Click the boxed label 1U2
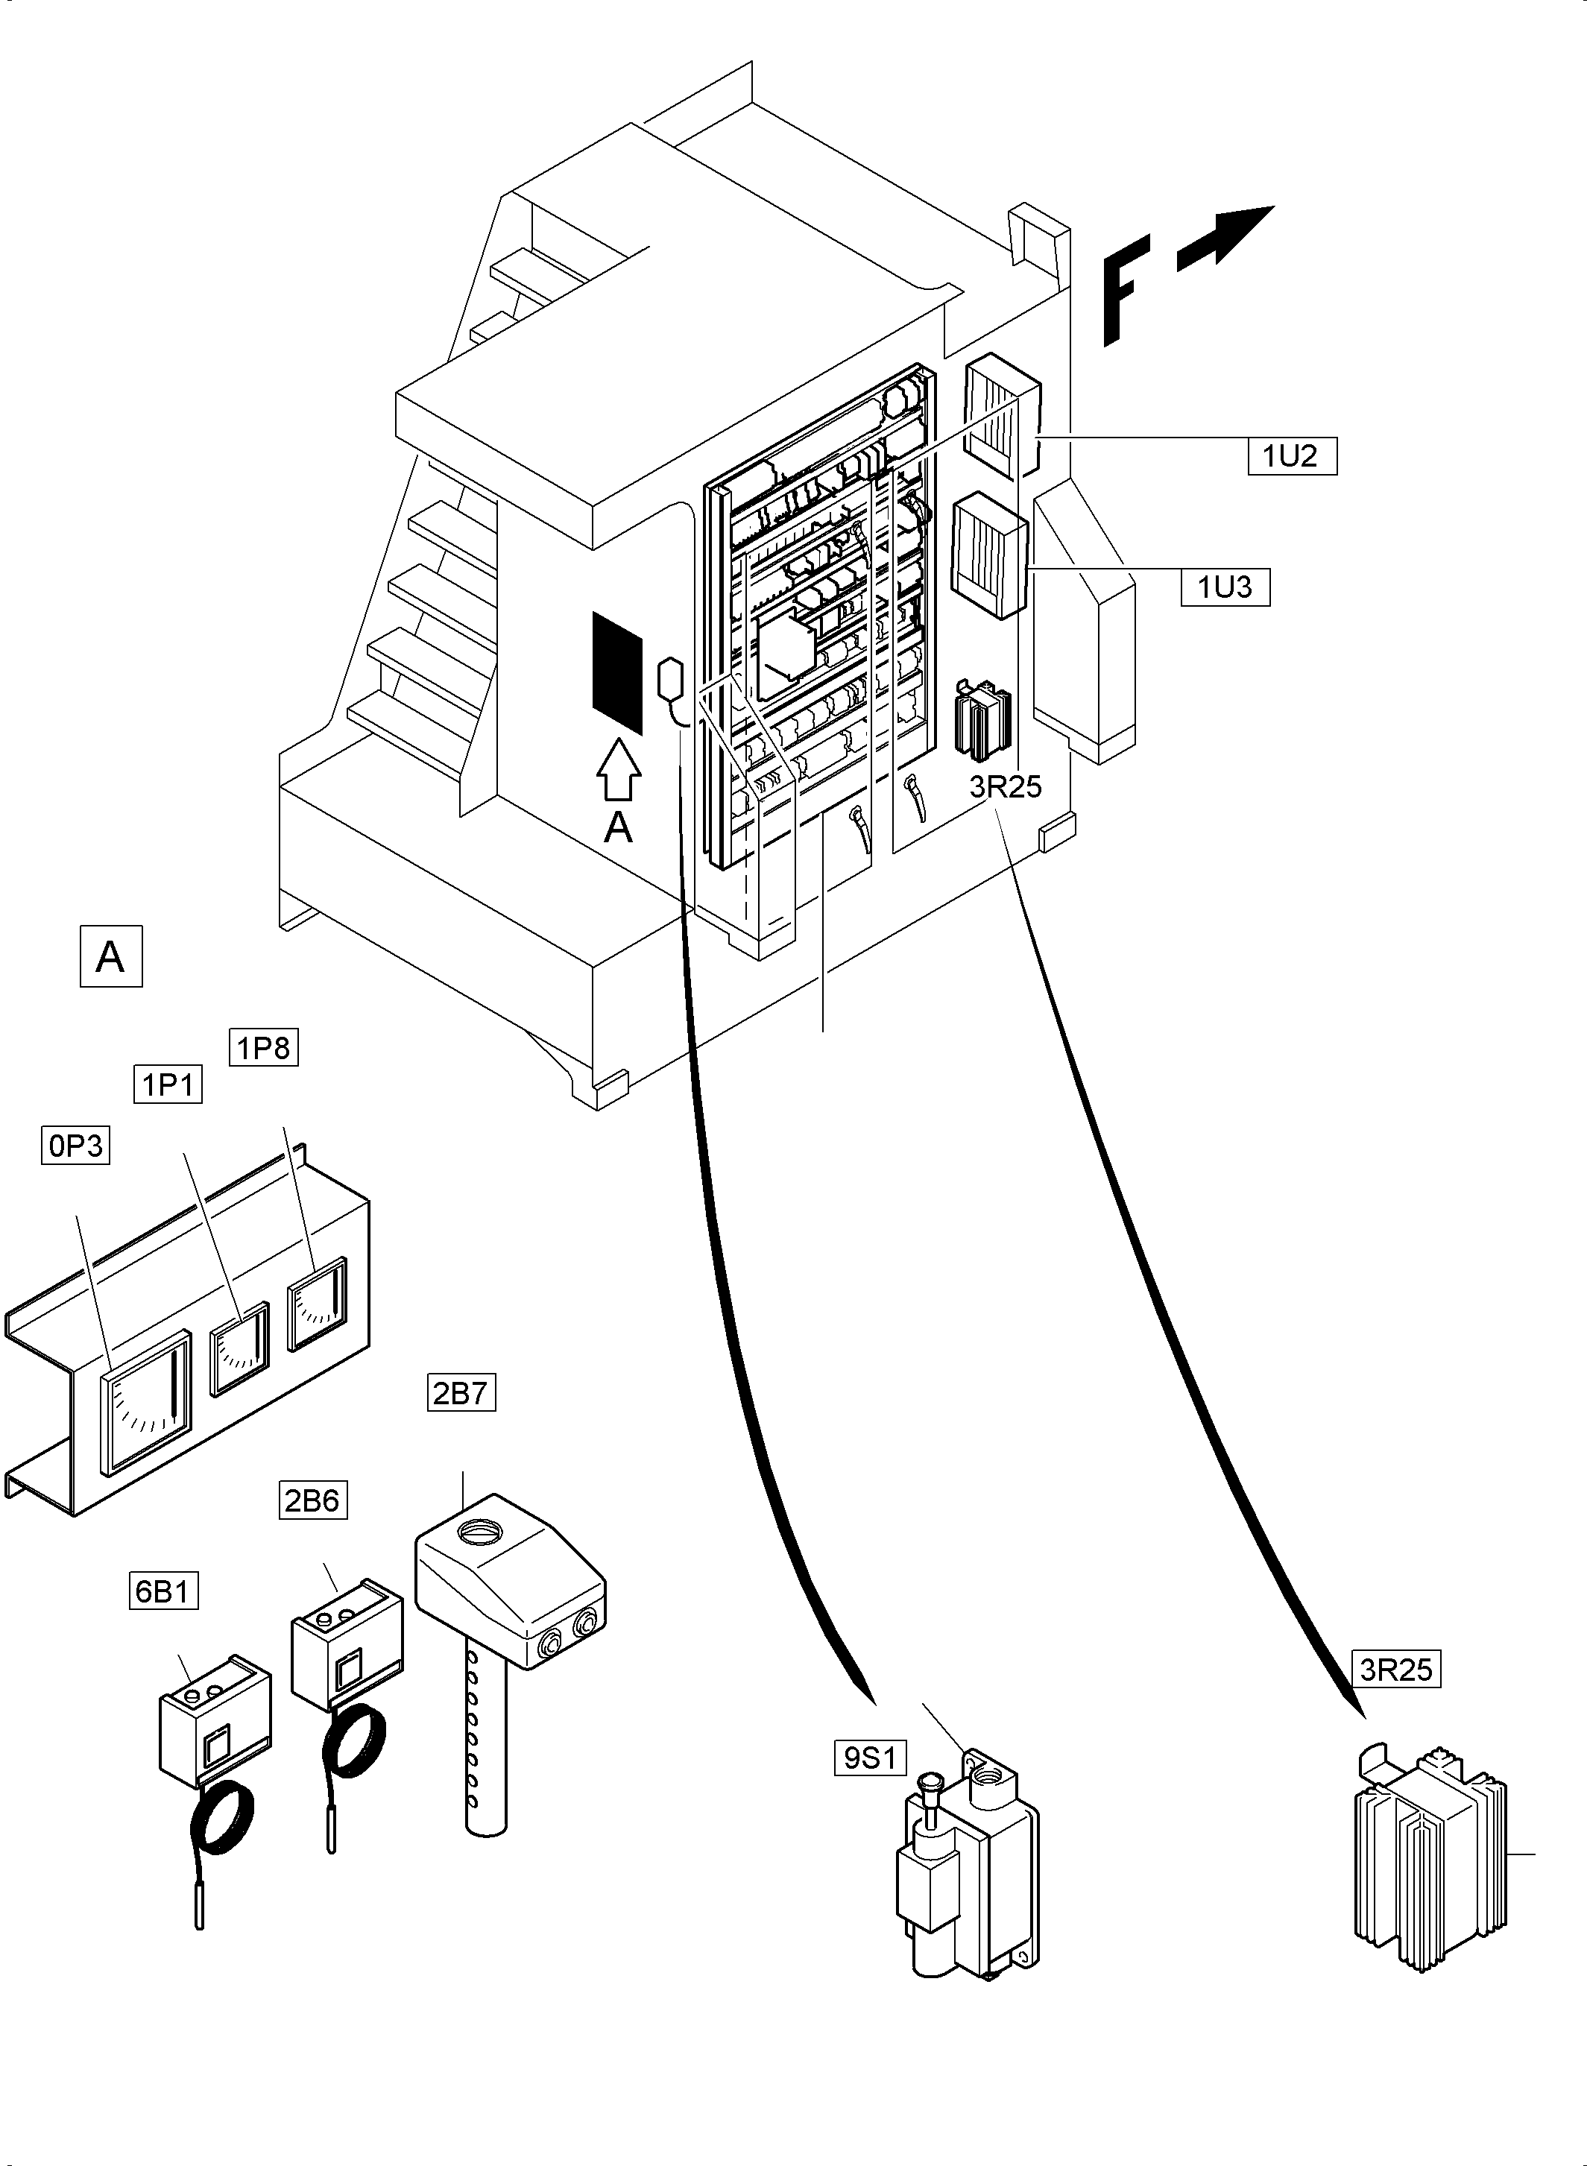(x=1292, y=455)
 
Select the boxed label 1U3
(x=1225, y=587)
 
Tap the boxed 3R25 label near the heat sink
(x=1396, y=1670)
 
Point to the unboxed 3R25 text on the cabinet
(x=1005, y=786)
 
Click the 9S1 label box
(x=869, y=1758)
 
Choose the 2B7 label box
(x=461, y=1393)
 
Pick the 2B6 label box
(x=312, y=1500)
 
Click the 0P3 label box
(x=76, y=1146)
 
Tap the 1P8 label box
(x=263, y=1047)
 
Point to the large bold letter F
(x=1126, y=294)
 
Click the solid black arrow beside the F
(x=1225, y=236)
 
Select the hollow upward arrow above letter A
(x=619, y=768)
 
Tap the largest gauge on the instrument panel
(x=147, y=1401)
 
